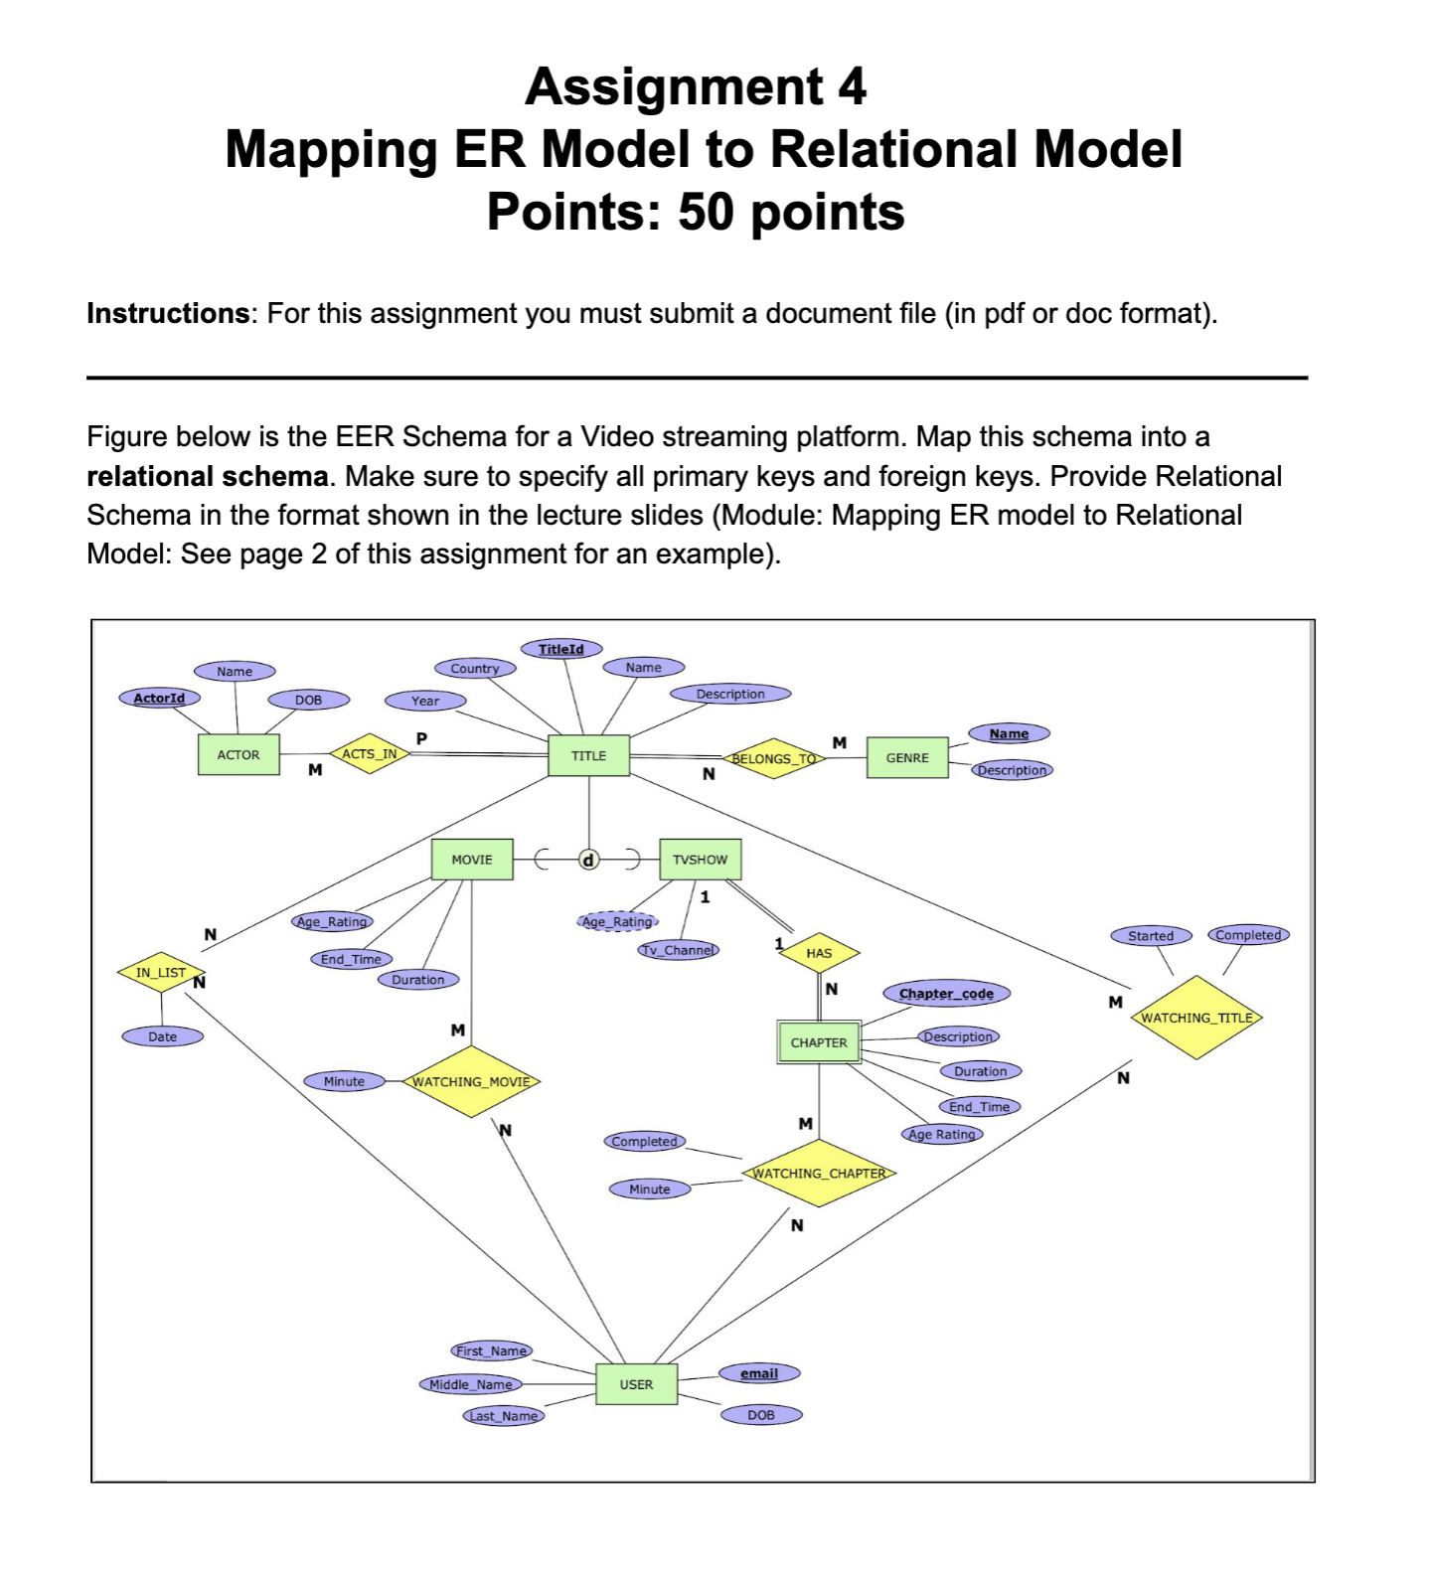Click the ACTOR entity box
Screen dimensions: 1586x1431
point(238,755)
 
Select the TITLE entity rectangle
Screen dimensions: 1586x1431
point(588,756)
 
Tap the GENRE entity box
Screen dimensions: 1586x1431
point(907,758)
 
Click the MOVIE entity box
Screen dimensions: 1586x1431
point(472,860)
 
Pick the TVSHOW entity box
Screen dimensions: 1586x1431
point(700,860)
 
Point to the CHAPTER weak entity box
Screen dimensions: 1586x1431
point(819,1042)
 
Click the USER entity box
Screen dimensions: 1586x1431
point(636,1384)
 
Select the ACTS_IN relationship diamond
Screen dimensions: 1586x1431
point(370,754)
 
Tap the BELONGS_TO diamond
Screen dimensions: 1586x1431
point(774,759)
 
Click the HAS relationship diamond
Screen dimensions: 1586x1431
point(819,953)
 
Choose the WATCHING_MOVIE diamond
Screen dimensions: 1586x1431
point(471,1081)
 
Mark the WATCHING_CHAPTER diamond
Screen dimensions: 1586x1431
point(819,1174)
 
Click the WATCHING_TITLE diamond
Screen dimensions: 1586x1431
point(1196,1018)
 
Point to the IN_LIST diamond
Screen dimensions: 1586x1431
point(161,973)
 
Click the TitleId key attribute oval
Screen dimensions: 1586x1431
point(561,649)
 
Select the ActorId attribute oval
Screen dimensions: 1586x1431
point(159,699)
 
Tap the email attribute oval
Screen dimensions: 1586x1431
point(759,1373)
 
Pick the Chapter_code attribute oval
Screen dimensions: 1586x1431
point(946,994)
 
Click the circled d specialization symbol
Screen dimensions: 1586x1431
point(588,860)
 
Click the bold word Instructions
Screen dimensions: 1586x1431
point(168,314)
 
